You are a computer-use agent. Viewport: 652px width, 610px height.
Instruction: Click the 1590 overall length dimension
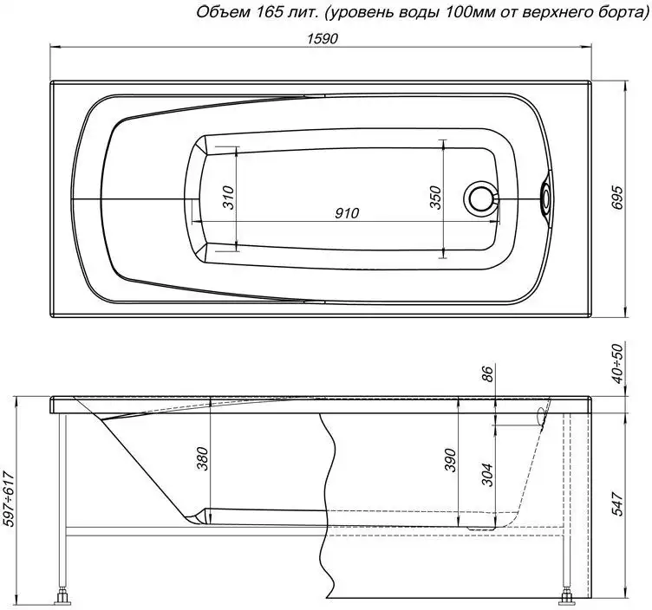click(323, 39)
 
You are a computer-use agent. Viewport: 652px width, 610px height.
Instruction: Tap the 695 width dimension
click(618, 198)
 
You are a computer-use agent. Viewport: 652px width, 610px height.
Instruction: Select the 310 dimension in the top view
click(228, 198)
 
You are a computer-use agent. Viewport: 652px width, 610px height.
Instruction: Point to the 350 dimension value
click(434, 198)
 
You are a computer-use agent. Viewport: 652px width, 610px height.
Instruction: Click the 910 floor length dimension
click(347, 213)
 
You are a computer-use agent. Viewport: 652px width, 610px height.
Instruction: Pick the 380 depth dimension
click(202, 458)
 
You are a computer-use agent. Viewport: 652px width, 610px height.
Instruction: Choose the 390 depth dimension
click(451, 460)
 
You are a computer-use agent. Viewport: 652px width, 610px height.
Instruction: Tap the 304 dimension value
click(487, 475)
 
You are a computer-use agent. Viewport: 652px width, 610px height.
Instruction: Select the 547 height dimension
click(618, 503)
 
